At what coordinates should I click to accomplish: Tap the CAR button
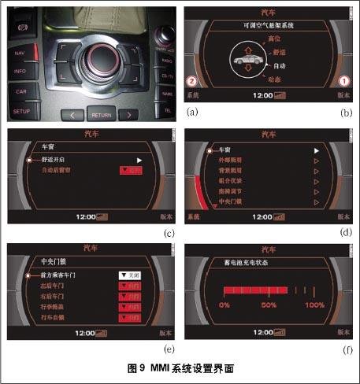point(21,91)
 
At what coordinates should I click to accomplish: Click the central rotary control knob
point(102,58)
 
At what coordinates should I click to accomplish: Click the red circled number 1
point(342,81)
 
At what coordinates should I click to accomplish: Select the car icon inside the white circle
point(264,58)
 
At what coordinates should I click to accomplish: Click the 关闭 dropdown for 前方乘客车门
point(129,275)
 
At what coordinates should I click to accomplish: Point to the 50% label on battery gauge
point(269,305)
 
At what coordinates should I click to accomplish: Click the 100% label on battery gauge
point(314,305)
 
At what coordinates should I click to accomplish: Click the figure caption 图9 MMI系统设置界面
point(180,367)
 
